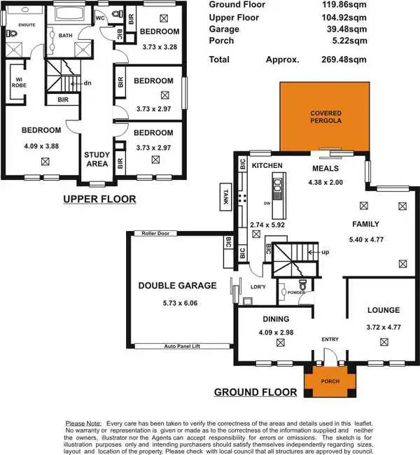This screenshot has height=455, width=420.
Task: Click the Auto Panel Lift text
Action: (x=183, y=346)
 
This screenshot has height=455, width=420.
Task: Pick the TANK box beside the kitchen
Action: (x=225, y=194)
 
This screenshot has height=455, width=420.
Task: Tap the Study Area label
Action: (x=97, y=159)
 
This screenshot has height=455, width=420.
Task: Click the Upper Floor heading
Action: (x=99, y=199)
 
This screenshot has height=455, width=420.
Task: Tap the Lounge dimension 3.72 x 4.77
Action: (x=383, y=326)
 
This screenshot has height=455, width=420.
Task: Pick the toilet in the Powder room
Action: (x=302, y=286)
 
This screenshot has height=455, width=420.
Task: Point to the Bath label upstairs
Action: (x=66, y=35)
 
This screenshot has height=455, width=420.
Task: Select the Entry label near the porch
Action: (x=330, y=339)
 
